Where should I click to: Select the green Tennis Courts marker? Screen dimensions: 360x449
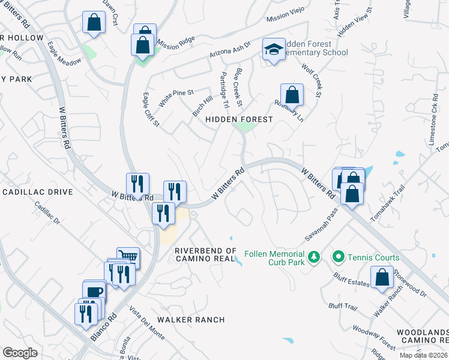[338, 257]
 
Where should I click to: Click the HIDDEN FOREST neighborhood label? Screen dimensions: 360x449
[239, 119]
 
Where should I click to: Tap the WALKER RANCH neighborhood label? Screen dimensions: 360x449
[191, 320]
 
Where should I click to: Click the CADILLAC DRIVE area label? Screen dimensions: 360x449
[37, 192]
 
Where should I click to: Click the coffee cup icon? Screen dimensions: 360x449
[94, 292]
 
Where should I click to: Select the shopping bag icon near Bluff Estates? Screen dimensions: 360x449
[382, 277]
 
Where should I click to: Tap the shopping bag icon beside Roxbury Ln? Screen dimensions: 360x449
[292, 94]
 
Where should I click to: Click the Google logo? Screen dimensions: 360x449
[20, 353]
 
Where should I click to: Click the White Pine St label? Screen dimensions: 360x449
[176, 97]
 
